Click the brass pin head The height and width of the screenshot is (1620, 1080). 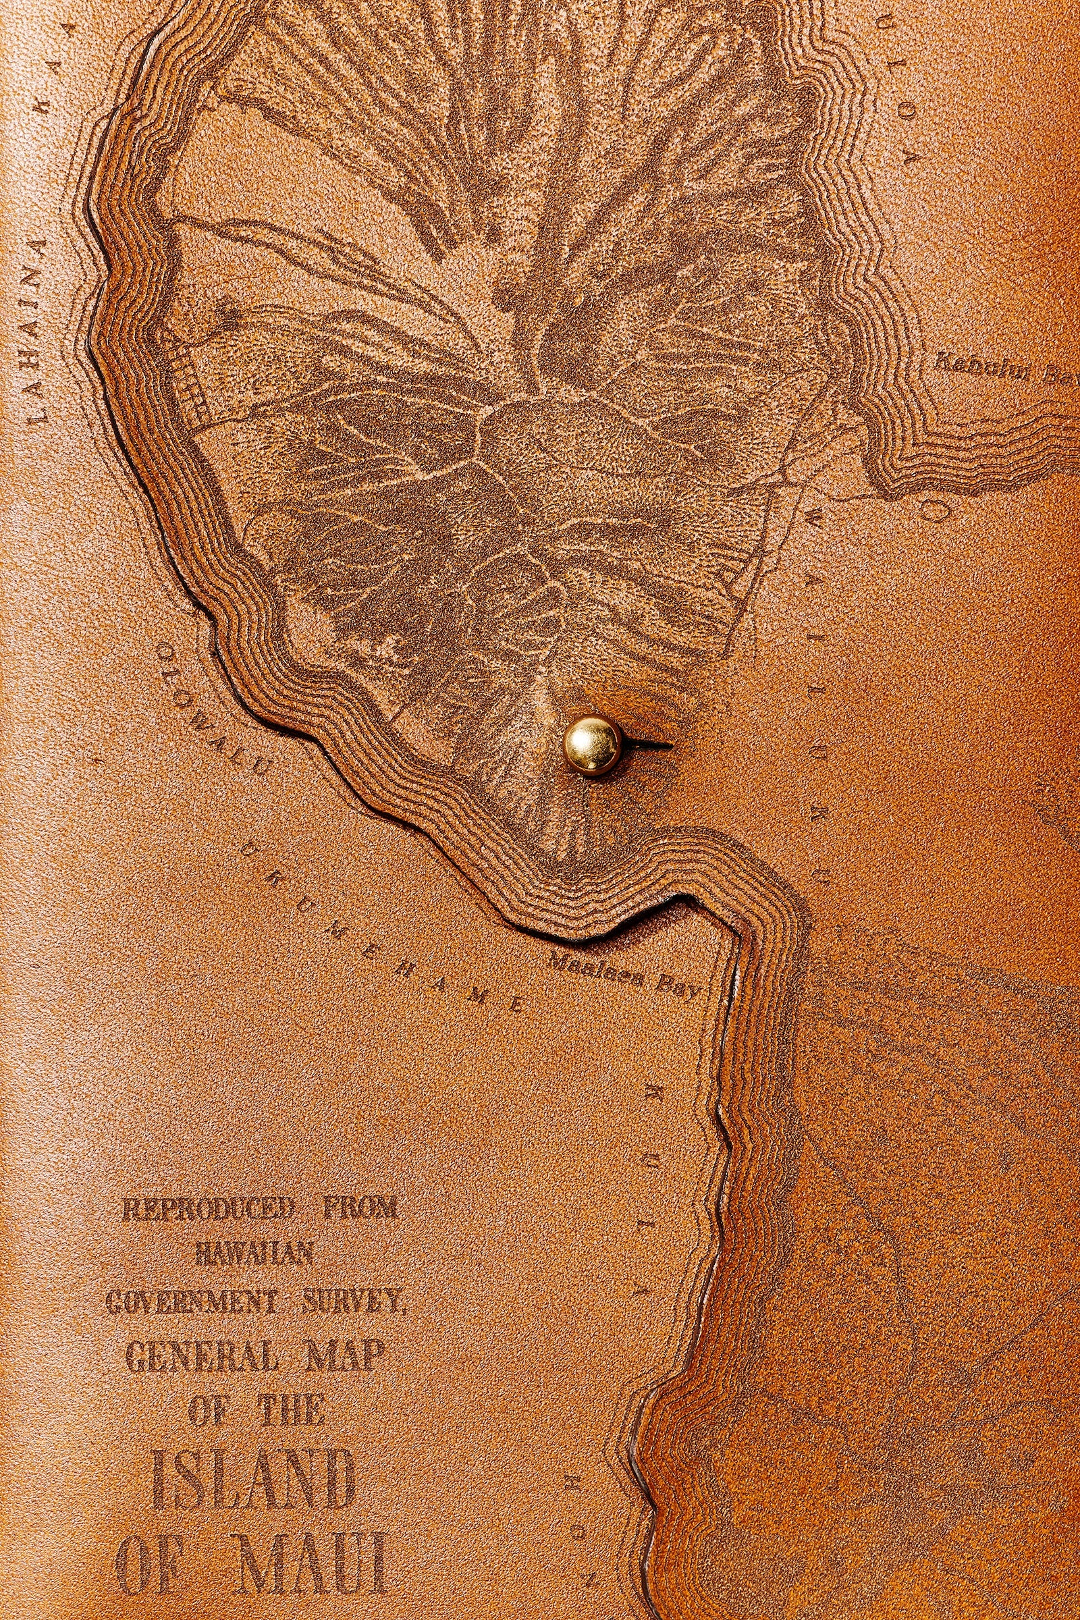[592, 745]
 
